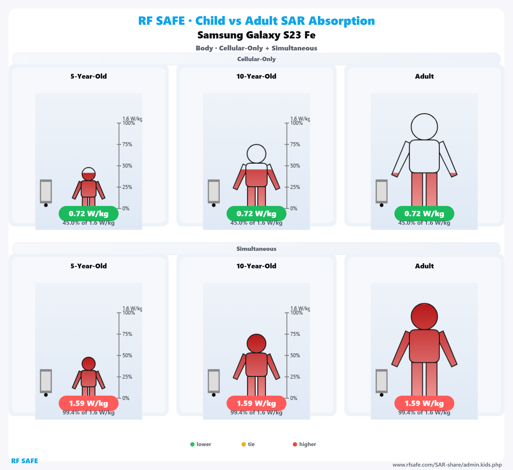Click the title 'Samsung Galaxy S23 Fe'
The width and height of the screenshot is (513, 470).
tap(256, 35)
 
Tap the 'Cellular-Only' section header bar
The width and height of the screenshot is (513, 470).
tap(256, 59)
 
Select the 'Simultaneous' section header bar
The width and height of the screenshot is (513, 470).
tap(256, 249)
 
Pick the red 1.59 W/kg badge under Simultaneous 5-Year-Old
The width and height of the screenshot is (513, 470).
tap(88, 403)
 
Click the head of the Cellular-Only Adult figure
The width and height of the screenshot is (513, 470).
tap(424, 127)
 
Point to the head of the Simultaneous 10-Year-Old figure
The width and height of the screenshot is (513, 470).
tap(256, 343)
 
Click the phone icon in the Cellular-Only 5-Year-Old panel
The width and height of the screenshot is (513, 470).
tap(46, 191)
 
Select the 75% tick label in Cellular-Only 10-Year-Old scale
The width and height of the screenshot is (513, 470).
tap(295, 144)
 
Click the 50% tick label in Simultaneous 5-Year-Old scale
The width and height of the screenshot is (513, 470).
tap(127, 355)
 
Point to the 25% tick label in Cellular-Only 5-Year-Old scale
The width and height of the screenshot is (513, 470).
tap(127, 187)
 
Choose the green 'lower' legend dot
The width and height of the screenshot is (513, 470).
tap(192, 444)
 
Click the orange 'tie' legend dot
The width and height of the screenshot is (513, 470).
tap(243, 444)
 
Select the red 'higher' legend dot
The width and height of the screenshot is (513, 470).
tap(295, 444)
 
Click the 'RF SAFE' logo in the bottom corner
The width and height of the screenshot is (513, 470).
tap(24, 461)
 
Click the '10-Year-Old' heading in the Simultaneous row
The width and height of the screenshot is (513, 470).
tap(256, 266)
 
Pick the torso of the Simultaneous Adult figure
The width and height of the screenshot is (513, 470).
tap(424, 346)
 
